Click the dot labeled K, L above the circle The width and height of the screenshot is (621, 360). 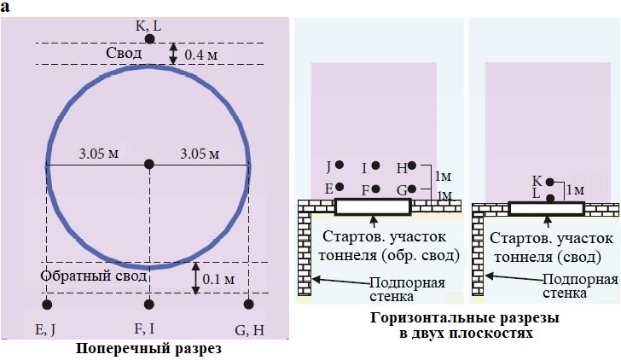click(149, 39)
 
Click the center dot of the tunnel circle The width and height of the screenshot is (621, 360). click(149, 164)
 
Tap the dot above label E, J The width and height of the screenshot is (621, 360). click(47, 305)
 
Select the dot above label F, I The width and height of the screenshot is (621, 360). click(149, 305)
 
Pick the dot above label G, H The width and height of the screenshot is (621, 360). click(248, 305)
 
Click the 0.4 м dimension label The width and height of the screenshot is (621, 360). click(201, 55)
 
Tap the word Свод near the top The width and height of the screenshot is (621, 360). click(125, 53)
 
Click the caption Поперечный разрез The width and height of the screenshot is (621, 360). click(149, 348)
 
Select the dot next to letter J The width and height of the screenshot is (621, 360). click(340, 165)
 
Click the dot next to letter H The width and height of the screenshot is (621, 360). click(412, 165)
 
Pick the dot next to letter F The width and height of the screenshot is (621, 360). click(375, 188)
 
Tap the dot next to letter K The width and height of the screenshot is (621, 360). click(550, 182)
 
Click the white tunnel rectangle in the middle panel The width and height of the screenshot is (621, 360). click(373, 206)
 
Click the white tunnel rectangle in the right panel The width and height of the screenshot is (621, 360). click(546, 208)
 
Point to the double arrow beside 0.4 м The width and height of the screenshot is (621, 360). click(173, 54)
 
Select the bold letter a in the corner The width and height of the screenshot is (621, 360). click(6, 7)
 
